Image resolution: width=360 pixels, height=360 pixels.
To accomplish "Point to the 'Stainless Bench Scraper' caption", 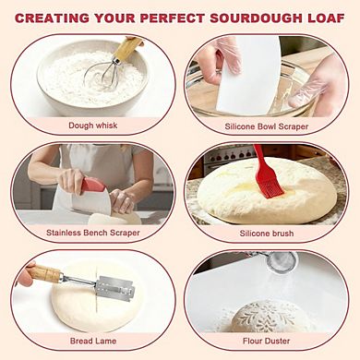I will (x=93, y=233).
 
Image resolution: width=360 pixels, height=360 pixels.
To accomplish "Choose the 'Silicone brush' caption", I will (x=268, y=233).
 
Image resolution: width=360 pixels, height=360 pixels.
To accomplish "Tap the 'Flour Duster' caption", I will (x=268, y=340).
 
